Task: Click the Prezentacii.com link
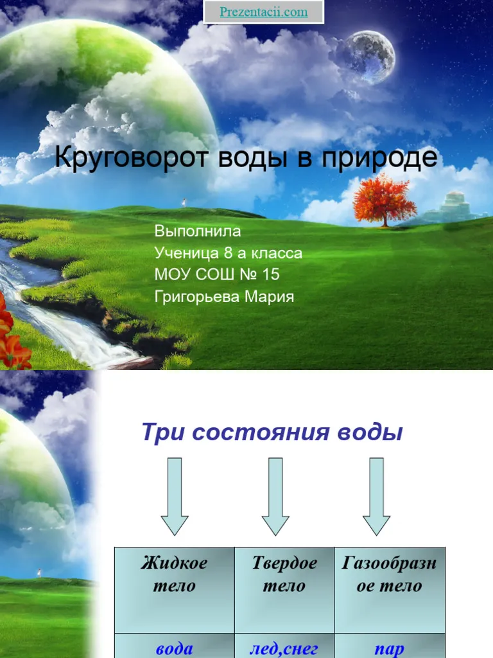pyautogui.click(x=264, y=12)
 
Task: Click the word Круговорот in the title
pyautogui.click(x=131, y=158)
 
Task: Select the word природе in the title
pyautogui.click(x=379, y=159)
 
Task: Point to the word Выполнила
pyautogui.click(x=198, y=231)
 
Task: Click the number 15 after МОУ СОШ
pyautogui.click(x=270, y=274)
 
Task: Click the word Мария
pyautogui.click(x=270, y=297)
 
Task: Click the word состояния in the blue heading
pyautogui.click(x=261, y=432)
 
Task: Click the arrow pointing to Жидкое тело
pyautogui.click(x=175, y=497)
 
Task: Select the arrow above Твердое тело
pyautogui.click(x=275, y=497)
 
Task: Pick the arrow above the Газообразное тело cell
pyautogui.click(x=376, y=497)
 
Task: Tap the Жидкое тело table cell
pyautogui.click(x=175, y=590)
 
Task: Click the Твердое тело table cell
pyautogui.click(x=284, y=590)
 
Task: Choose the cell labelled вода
pyautogui.click(x=175, y=646)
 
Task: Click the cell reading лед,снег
pyautogui.click(x=284, y=646)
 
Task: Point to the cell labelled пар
pyautogui.click(x=390, y=646)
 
